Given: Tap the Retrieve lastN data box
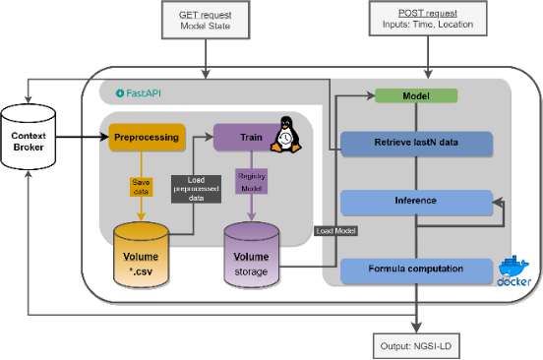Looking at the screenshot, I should [x=415, y=144].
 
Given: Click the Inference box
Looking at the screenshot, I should [x=415, y=203].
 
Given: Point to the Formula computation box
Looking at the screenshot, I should [x=415, y=270].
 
